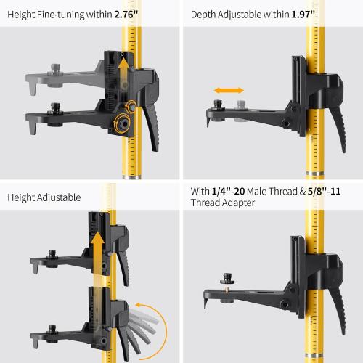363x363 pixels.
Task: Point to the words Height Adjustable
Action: click(x=45, y=197)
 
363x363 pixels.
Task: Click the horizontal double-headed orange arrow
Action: click(x=227, y=91)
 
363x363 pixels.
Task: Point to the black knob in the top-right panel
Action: click(x=215, y=106)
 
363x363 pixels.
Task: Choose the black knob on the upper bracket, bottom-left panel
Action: click(x=54, y=255)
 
